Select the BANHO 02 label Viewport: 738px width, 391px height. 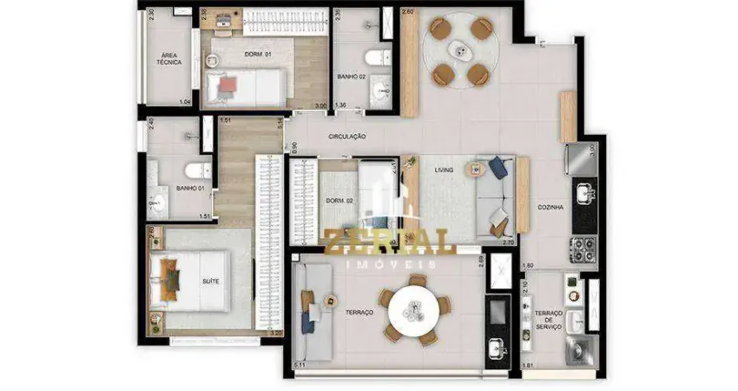pyautogui.click(x=353, y=77)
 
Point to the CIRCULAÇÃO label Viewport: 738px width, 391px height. pyautogui.click(x=347, y=136)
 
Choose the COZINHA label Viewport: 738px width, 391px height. pyautogui.click(x=551, y=208)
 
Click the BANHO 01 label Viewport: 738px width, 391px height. pyautogui.click(x=189, y=188)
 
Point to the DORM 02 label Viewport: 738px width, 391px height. pyautogui.click(x=338, y=201)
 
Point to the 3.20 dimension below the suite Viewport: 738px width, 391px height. pyautogui.click(x=277, y=331)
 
